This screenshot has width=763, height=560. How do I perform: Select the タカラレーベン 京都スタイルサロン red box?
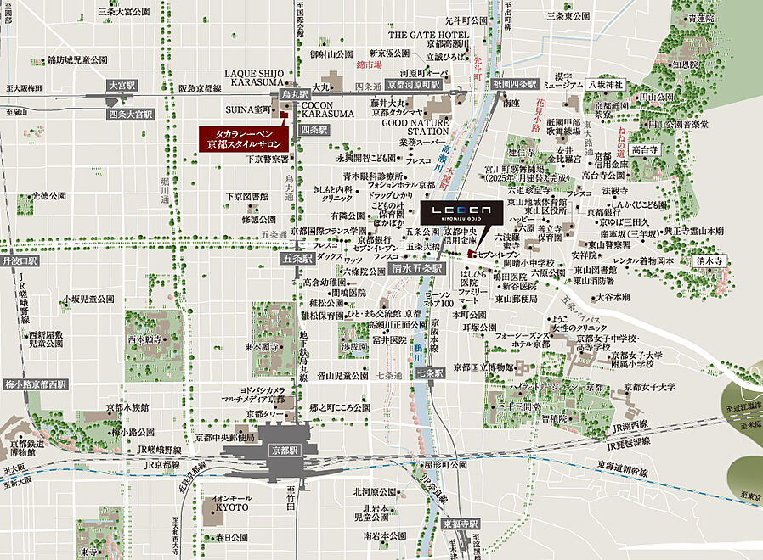[x=244, y=139]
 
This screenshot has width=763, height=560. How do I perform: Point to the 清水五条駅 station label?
[x=417, y=267]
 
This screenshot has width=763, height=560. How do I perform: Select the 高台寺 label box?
[x=646, y=149]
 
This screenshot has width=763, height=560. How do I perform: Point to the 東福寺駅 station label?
[x=461, y=524]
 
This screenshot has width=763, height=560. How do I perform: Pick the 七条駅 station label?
[x=432, y=373]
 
